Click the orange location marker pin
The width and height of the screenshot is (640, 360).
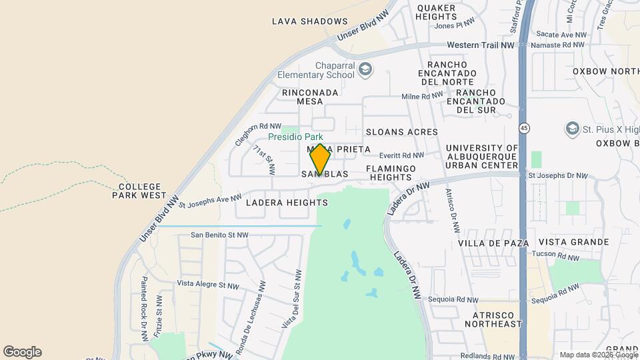click(320, 159)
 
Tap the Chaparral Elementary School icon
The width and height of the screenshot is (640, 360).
click(365, 69)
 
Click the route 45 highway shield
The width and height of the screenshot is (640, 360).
click(525, 127)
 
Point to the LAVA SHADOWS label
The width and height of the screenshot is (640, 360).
click(310, 21)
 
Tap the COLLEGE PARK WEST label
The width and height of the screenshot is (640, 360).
click(141, 191)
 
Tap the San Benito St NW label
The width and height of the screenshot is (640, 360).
click(219, 235)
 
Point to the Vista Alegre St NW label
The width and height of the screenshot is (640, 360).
click(207, 285)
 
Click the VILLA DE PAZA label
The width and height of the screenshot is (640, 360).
click(494, 243)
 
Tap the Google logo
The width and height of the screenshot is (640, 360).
click(22, 352)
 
